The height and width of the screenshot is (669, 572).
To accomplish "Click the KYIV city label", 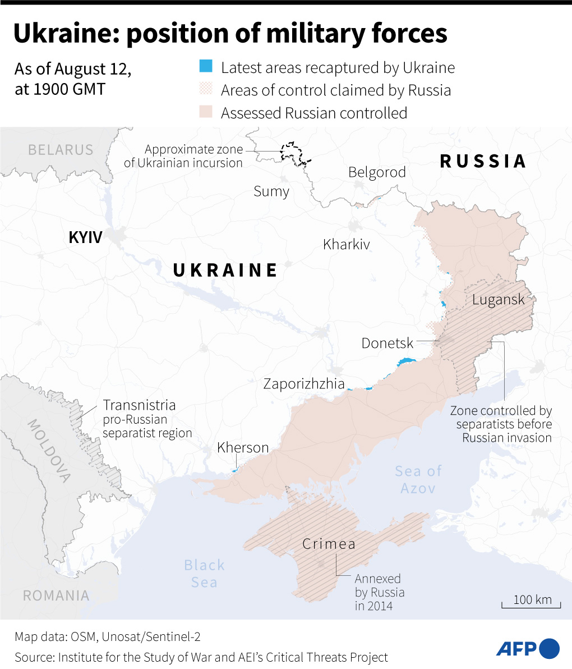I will (85, 237).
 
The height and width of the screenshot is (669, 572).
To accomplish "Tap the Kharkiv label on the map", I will (347, 244).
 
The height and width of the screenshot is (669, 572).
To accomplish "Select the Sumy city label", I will (271, 191).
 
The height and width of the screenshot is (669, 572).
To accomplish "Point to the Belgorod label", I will (377, 172).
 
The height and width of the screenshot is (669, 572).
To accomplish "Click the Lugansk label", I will (498, 299).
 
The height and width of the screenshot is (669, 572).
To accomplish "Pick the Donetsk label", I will (388, 343).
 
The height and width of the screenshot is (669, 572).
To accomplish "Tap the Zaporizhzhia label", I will (303, 384).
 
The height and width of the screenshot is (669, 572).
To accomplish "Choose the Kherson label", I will (243, 447).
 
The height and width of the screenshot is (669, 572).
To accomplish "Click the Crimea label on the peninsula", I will (329, 544).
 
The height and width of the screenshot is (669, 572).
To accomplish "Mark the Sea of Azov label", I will (418, 479).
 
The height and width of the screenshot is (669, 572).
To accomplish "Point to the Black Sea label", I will (204, 573).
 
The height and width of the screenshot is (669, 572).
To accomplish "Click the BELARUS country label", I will (61, 150).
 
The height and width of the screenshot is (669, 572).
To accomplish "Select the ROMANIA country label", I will (56, 595).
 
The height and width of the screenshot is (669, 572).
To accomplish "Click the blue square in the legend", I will (206, 67).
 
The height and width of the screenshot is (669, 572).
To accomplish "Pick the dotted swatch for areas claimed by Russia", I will (206, 90).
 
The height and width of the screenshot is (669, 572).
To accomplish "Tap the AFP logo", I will (528, 648).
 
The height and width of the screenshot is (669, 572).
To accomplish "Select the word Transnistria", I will (139, 405).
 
